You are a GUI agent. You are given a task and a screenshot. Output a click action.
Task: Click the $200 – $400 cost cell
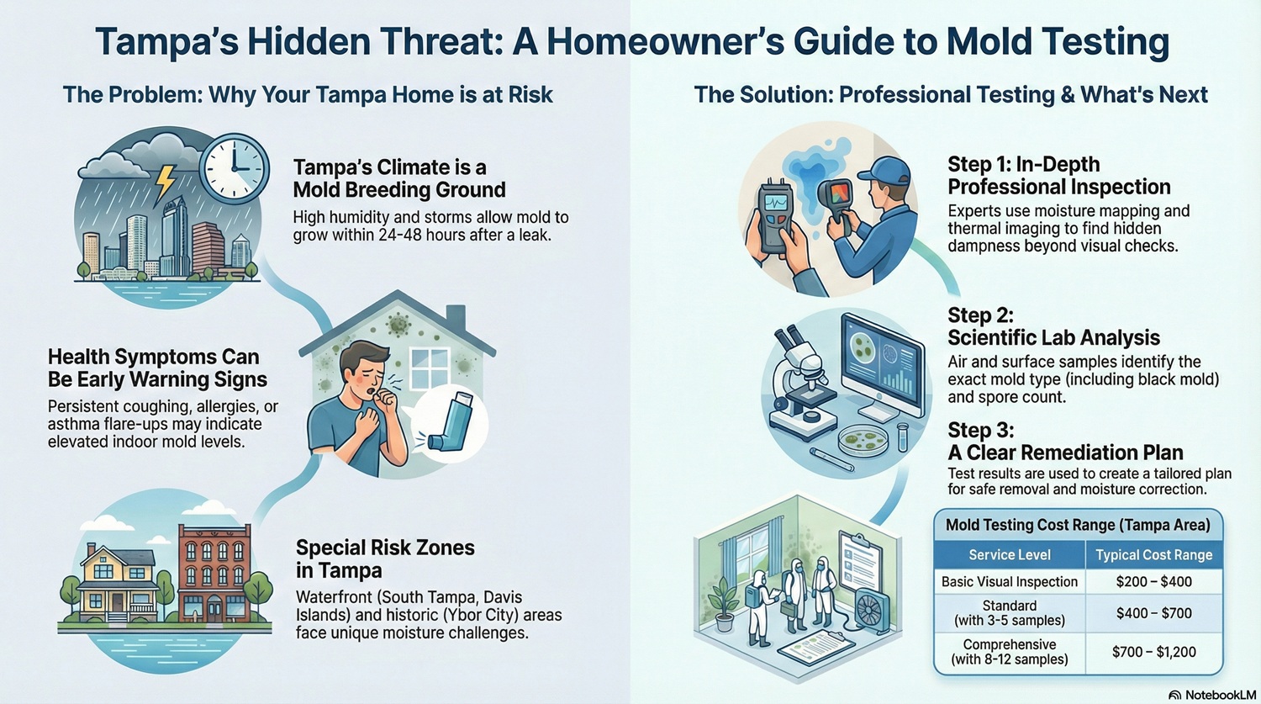coord(1153,581)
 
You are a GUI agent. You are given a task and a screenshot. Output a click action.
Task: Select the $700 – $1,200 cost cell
coord(1153,652)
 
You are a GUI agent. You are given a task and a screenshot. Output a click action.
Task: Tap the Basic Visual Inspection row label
coord(1009,581)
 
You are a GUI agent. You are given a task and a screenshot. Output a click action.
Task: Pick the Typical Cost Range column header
coord(1153,554)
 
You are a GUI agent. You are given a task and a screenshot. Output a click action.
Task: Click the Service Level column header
coord(1009,554)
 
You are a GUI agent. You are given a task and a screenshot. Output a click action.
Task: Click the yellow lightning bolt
coord(166,181)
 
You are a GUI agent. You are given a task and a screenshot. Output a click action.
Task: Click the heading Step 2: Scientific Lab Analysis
coord(1053,326)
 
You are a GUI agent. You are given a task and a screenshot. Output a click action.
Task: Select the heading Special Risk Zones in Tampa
coord(384,558)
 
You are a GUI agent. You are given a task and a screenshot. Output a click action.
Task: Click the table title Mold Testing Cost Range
coord(1077,525)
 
